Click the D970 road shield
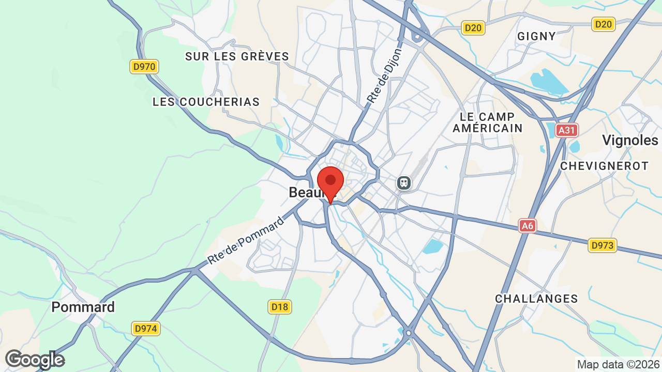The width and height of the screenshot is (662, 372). pos(144,67)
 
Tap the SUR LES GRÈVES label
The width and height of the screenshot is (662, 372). pos(237,56)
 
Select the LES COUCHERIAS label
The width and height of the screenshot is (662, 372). pos(206,102)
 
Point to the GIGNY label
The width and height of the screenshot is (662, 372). pos(536,36)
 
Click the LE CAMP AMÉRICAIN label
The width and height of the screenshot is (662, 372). pos(488,122)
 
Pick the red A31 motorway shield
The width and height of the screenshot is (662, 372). pos(567,130)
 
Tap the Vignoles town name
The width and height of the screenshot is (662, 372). pos(630,140)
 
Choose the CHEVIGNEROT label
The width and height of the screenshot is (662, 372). pos(604,166)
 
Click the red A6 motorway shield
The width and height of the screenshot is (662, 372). pos(527,226)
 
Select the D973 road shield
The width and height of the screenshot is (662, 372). pos(603,245)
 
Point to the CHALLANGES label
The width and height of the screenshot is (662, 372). pos(536,299)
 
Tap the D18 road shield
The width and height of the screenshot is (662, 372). pos(279,307)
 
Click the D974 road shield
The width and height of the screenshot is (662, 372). pos(146,329)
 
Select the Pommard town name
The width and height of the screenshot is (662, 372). pos(83,307)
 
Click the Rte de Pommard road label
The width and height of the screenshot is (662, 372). pos(246,241)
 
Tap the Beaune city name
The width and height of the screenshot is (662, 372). pos(305,193)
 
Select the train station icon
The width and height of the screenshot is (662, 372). pos(403,182)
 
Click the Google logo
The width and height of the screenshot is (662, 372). pos(35,360)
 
